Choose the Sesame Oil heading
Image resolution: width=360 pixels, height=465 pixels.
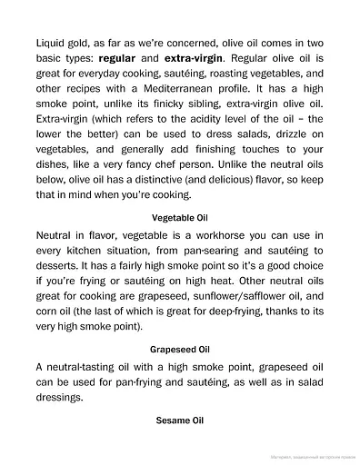pos(180,421)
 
